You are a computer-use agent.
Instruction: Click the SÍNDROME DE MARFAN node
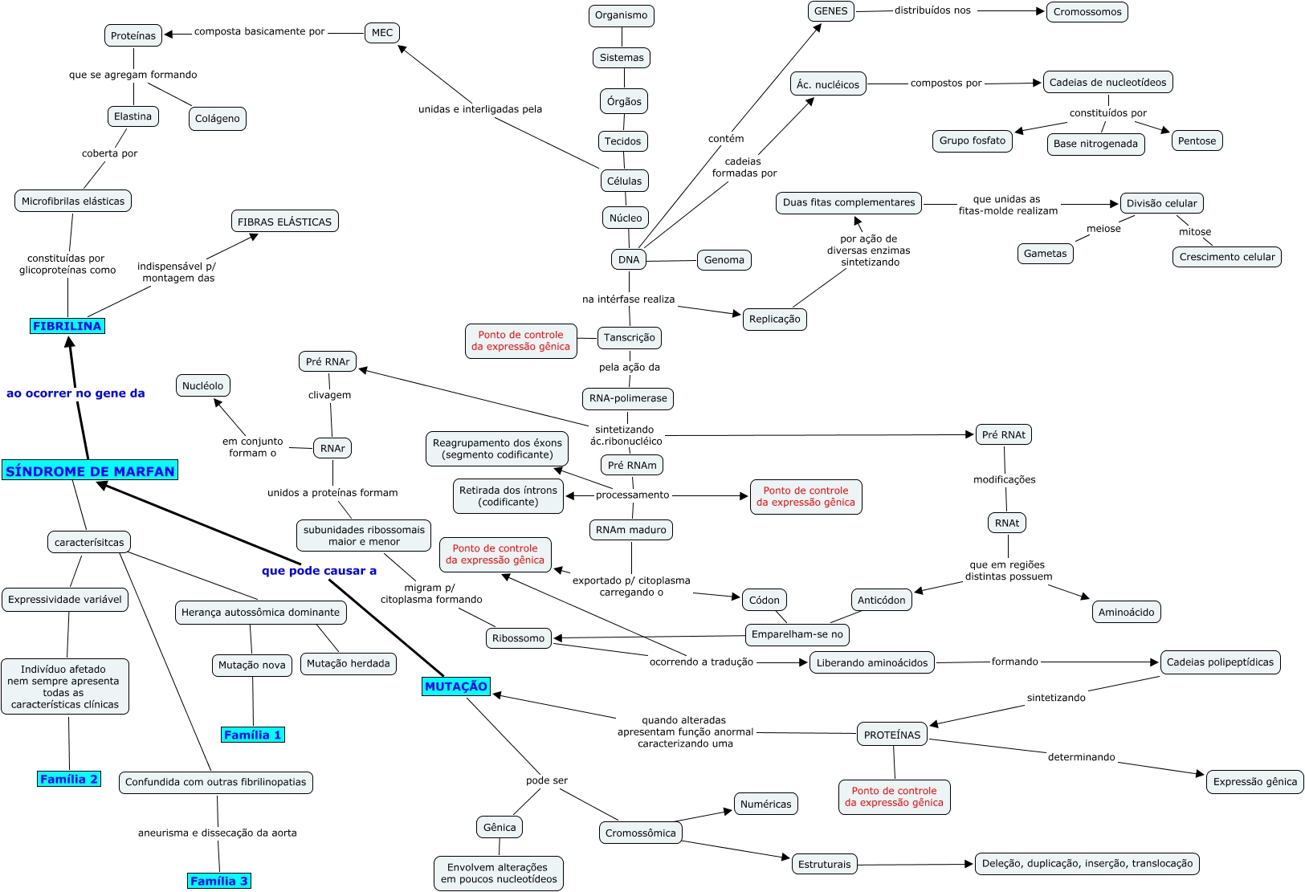point(90,471)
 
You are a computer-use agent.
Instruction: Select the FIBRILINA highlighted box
point(67,326)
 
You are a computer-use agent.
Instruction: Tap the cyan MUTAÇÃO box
point(456,686)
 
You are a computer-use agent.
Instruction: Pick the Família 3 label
point(219,881)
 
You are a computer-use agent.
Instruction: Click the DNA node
point(629,259)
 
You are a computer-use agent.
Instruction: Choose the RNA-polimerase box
point(628,398)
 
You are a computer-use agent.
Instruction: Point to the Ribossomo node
point(518,638)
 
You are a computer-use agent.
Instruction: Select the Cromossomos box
point(1087,12)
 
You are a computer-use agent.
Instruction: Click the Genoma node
point(724,259)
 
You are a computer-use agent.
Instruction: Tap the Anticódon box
point(881,600)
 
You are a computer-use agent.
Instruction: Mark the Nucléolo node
point(202,385)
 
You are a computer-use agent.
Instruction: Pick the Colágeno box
point(217,118)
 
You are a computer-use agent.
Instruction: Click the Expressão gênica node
point(1254,781)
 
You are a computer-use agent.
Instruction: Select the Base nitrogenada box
point(1095,144)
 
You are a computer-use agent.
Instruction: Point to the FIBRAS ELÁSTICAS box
point(284,222)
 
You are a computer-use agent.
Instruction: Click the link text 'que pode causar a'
point(319,571)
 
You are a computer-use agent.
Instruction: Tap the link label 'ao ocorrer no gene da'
point(75,393)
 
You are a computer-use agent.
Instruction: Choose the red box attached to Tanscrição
point(520,340)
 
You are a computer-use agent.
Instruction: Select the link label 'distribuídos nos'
point(932,10)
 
